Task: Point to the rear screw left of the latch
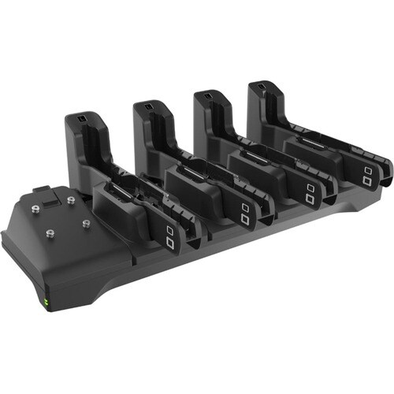pyautogui.click(x=36, y=210)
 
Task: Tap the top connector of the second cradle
pyautogui.click(x=147, y=106)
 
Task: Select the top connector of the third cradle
pyautogui.click(x=207, y=95)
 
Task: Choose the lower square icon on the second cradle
pyautogui.click(x=245, y=218)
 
